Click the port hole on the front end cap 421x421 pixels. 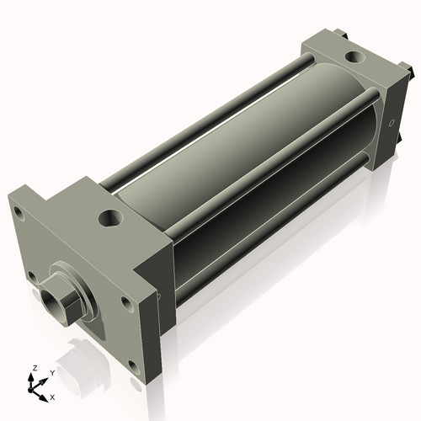point(110,219)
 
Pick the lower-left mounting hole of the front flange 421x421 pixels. point(31,274)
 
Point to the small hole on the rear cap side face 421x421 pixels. point(392,123)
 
